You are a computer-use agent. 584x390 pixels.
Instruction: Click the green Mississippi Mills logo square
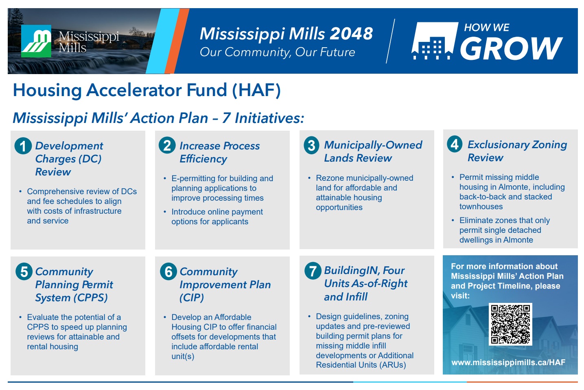coord(36,41)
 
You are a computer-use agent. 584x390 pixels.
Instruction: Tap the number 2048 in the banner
coord(351,34)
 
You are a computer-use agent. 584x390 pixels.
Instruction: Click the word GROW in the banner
coord(511,48)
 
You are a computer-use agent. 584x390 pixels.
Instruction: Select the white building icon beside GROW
coord(435,41)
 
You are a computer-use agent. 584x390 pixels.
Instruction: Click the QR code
coord(510,324)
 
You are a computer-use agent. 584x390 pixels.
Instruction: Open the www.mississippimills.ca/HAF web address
coord(508,362)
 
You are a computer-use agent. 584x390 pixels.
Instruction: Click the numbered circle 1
coord(23,146)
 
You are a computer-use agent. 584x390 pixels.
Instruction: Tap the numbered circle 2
coord(167,145)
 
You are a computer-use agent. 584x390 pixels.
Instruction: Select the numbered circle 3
coord(312,145)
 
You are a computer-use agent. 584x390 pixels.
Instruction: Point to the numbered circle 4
coord(455,144)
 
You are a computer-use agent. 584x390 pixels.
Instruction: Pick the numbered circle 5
coord(24,272)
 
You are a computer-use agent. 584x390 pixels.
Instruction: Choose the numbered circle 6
coord(168,271)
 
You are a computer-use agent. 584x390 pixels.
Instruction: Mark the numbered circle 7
coord(313,271)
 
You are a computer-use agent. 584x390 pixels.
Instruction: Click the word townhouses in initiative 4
coord(481,207)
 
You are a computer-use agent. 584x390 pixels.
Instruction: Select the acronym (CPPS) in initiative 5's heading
coord(89,298)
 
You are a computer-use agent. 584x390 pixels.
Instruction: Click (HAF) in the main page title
coord(256,90)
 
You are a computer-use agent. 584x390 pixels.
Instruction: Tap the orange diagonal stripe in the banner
coord(177,41)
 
